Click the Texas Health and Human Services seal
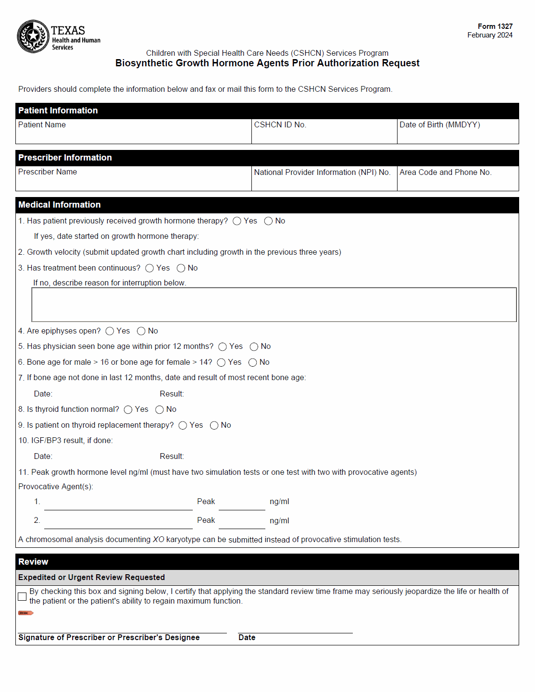coord(33,37)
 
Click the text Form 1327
coord(495,26)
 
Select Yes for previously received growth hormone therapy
coord(237,221)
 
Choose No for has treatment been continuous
coord(181,268)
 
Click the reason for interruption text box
coord(274,305)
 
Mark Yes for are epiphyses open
coord(110,331)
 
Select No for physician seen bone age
coord(254,347)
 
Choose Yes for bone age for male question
coord(221,362)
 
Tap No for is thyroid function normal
coord(160,409)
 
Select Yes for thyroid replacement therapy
coord(183,425)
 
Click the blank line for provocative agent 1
coord(118,504)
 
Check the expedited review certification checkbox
coord(22,596)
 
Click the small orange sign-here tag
coord(25,613)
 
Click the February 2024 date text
coord(489,35)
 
